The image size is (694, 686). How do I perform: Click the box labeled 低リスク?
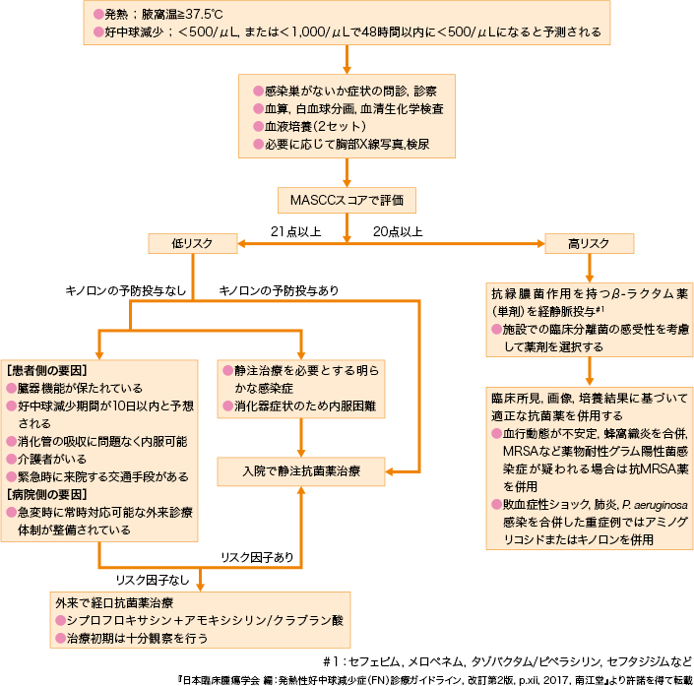click(x=193, y=242)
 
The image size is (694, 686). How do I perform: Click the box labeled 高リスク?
click(x=589, y=242)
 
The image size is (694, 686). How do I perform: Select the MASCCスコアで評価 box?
click(x=347, y=200)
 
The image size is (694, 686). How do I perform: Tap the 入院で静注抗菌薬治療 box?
click(x=301, y=471)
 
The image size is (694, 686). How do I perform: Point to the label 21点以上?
click(x=295, y=231)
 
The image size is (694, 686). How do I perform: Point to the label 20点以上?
click(x=398, y=231)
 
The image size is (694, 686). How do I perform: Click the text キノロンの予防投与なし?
click(x=126, y=291)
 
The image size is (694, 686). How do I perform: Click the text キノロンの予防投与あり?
click(x=278, y=291)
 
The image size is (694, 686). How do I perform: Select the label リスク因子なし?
click(x=151, y=581)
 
